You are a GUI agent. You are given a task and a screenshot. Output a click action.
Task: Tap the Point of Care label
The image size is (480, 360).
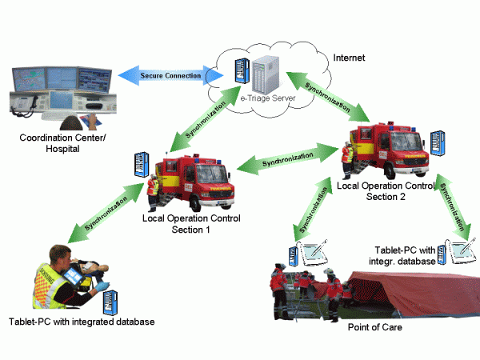374,328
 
